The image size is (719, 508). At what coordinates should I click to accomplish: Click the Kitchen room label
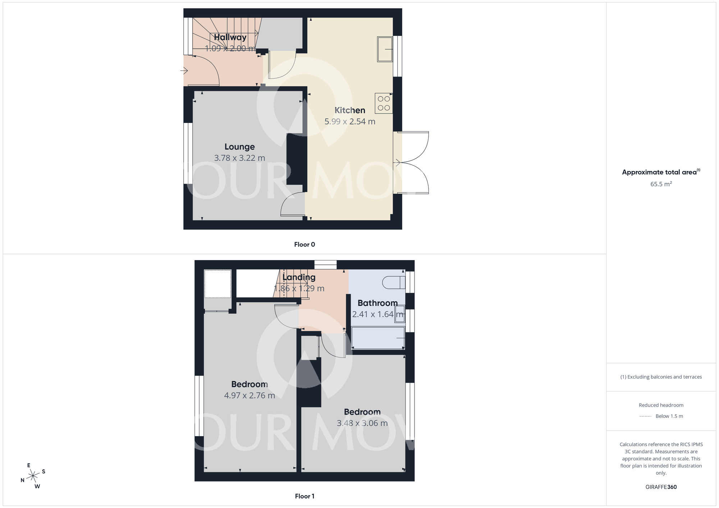click(350, 110)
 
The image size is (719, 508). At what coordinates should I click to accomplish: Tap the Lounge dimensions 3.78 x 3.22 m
click(239, 158)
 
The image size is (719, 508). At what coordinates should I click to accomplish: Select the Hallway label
click(230, 37)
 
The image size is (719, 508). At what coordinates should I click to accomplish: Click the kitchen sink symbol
click(385, 49)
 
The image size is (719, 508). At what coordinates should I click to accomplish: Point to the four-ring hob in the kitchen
click(384, 103)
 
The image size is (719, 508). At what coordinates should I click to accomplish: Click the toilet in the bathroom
click(393, 282)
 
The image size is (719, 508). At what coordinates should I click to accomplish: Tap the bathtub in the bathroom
click(378, 338)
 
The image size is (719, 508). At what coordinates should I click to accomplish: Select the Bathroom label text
click(377, 303)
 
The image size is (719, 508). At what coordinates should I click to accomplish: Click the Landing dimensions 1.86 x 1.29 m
click(299, 288)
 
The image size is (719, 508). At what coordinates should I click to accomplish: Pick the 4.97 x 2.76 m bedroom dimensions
click(249, 396)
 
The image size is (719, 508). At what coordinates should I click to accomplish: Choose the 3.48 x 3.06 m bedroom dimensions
click(362, 423)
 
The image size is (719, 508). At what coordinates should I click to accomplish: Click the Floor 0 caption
click(304, 245)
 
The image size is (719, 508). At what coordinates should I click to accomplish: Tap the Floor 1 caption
click(304, 496)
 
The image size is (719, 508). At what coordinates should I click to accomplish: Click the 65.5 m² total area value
click(661, 184)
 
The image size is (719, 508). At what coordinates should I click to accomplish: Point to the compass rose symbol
click(33, 476)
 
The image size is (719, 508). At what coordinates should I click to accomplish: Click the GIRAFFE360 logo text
click(661, 487)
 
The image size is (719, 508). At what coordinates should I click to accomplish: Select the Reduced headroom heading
click(661, 405)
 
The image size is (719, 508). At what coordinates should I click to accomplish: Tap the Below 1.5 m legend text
click(669, 416)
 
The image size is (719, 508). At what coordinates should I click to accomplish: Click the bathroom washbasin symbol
click(399, 314)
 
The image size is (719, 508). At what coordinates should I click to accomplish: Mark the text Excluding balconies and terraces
click(664, 377)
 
